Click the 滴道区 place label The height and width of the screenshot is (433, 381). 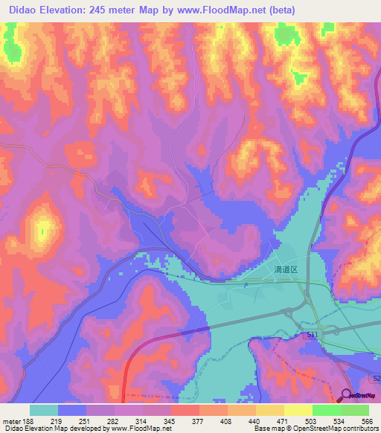(x=285, y=271)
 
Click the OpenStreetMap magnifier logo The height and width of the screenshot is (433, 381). (x=347, y=396)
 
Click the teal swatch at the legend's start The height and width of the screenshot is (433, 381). (x=44, y=409)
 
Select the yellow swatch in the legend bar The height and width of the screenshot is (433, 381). (x=298, y=409)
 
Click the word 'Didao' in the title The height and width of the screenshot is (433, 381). (x=23, y=10)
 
